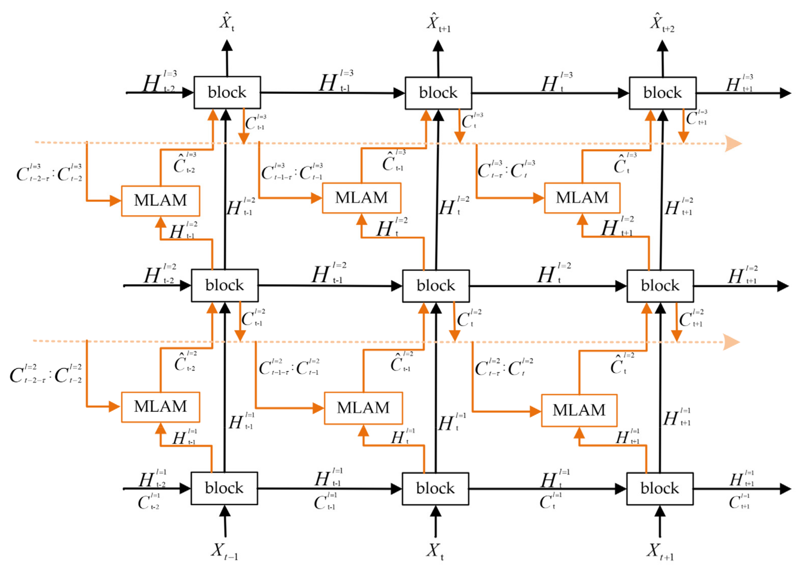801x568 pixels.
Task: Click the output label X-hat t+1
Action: (x=438, y=23)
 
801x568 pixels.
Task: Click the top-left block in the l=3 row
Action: (x=227, y=93)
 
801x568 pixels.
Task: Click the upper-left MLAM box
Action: (x=161, y=201)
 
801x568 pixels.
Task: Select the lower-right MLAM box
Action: (x=579, y=410)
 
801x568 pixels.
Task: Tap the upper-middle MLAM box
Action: (x=361, y=198)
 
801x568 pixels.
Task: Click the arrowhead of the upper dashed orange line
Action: (x=733, y=144)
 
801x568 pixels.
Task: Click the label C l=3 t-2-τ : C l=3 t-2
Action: (x=49, y=173)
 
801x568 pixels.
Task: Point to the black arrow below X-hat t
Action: (x=227, y=58)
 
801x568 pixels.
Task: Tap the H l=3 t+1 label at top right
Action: (x=739, y=84)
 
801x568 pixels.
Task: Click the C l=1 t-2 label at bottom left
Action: (x=148, y=502)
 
